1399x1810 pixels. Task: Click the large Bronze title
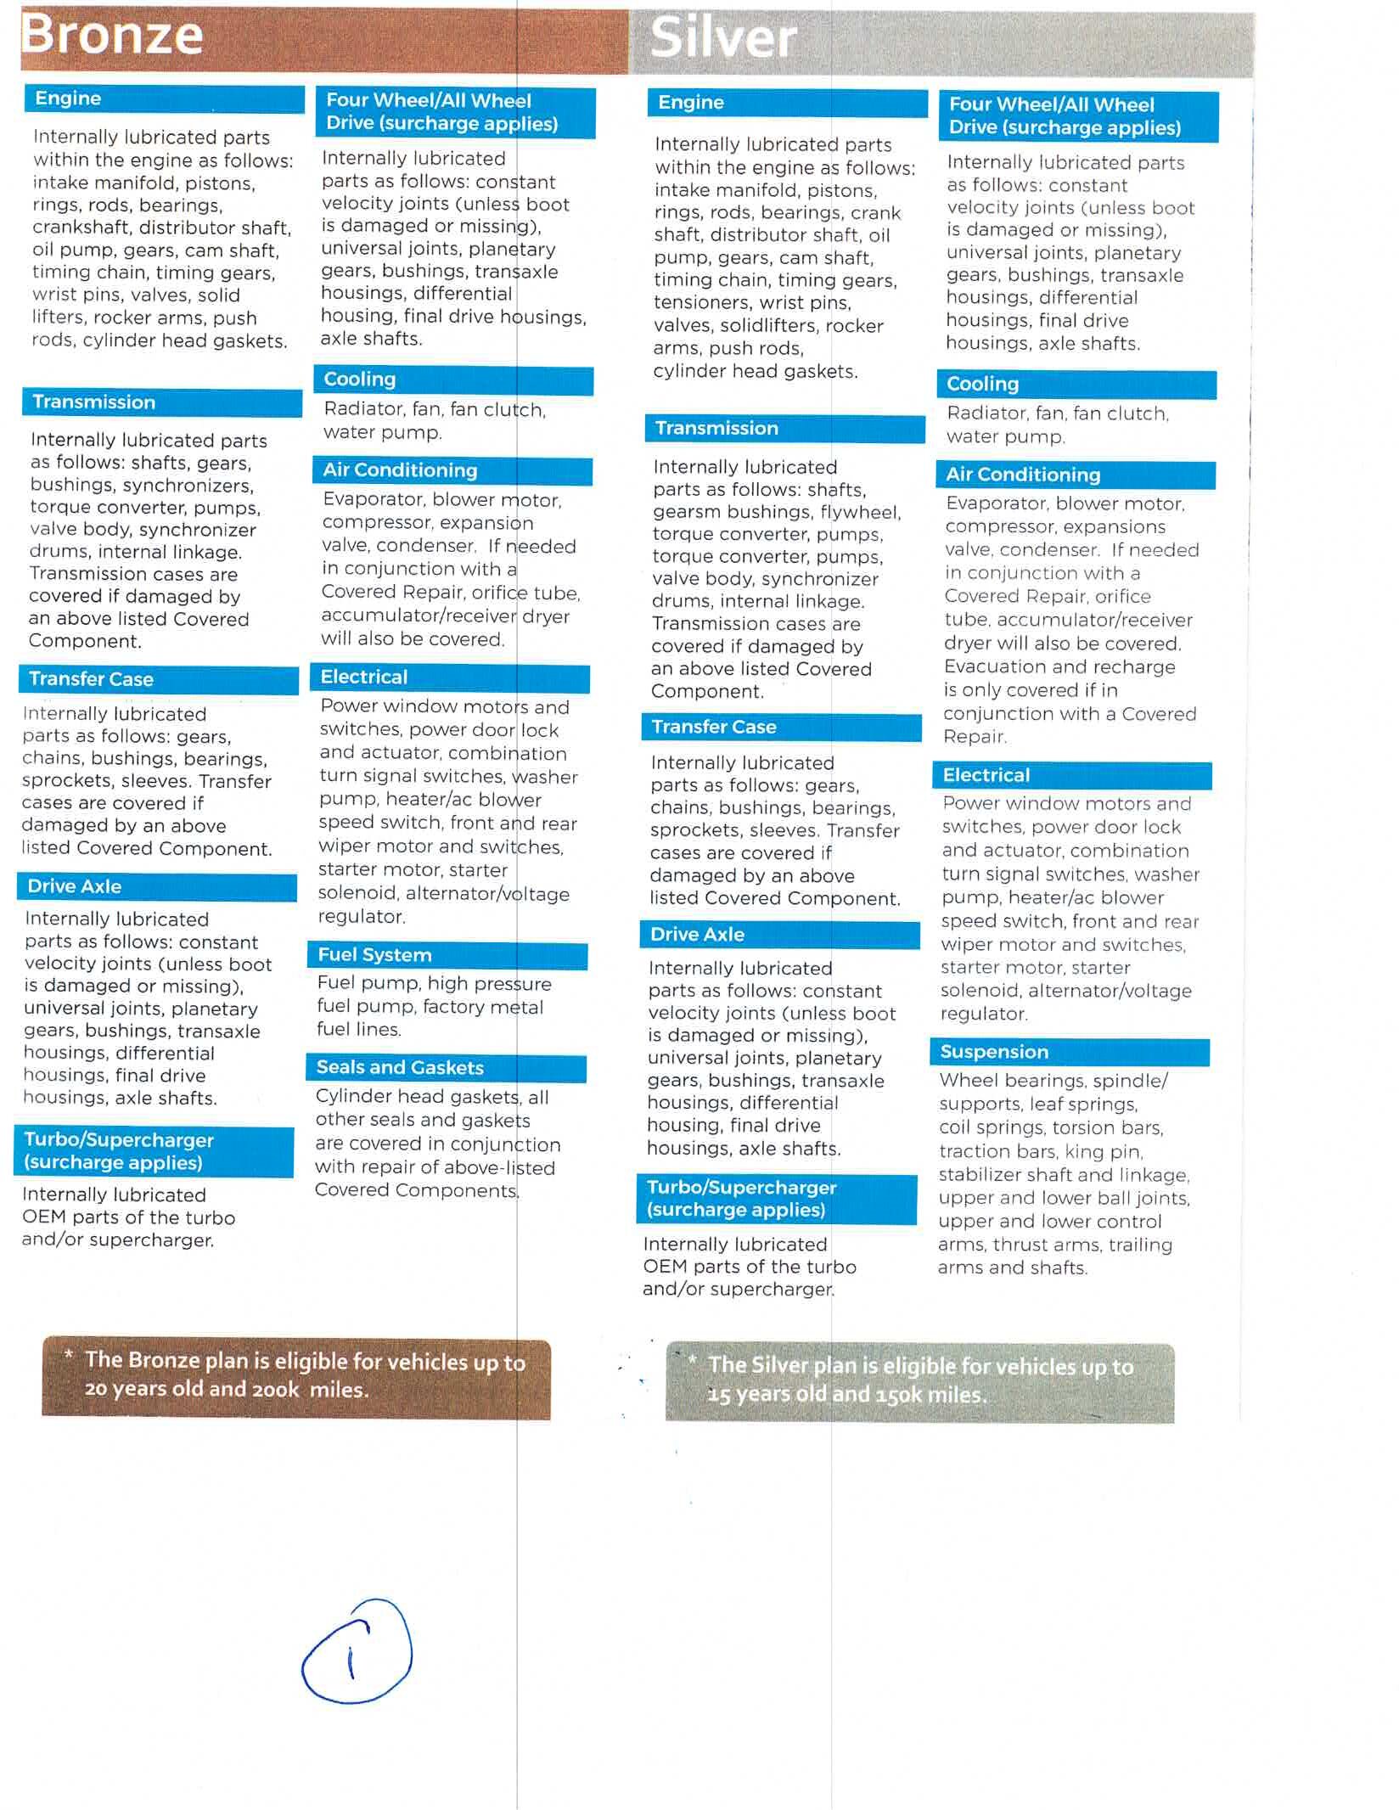pos(112,35)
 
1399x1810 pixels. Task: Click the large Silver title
pos(723,38)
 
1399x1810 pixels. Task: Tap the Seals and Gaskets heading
pos(400,1067)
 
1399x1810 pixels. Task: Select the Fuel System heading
pos(374,955)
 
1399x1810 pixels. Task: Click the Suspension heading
pos(994,1052)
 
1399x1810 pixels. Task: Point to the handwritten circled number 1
pos(357,1651)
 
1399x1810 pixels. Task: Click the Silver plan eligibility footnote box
pos(919,1381)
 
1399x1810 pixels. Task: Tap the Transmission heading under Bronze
pos(94,402)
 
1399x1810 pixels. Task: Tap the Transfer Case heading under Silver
pos(714,727)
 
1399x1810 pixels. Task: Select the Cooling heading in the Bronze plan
pos(360,379)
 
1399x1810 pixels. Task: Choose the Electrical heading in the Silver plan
pos(986,775)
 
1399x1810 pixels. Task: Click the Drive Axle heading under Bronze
pos(75,886)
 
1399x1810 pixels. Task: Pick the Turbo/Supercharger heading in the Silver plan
pos(741,1198)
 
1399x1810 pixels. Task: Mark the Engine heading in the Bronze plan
pos(68,98)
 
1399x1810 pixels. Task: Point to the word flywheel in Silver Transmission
pos(860,512)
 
